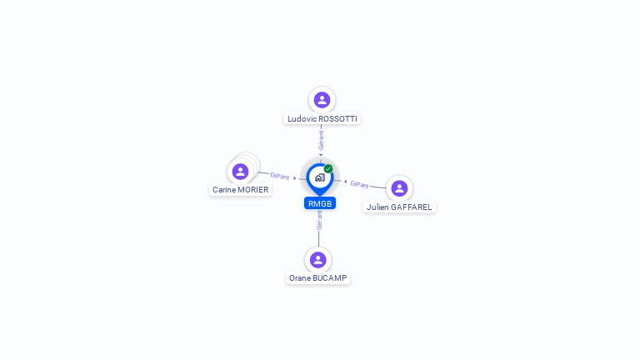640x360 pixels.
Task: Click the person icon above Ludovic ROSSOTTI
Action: pyautogui.click(x=322, y=100)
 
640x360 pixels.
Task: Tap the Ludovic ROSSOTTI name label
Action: pyautogui.click(x=322, y=119)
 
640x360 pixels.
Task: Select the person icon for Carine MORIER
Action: pyautogui.click(x=240, y=172)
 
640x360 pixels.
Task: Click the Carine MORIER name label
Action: pyautogui.click(x=240, y=190)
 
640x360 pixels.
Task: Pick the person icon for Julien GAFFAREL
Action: pyautogui.click(x=399, y=188)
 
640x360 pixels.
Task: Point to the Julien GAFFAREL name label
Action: pyautogui.click(x=399, y=207)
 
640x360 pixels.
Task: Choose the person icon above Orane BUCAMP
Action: pyautogui.click(x=318, y=260)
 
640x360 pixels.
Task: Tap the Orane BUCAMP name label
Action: pyautogui.click(x=318, y=278)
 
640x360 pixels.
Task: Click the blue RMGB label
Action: pyautogui.click(x=320, y=203)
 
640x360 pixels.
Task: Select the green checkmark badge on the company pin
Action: pyautogui.click(x=328, y=168)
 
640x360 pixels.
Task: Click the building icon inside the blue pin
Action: pyautogui.click(x=320, y=177)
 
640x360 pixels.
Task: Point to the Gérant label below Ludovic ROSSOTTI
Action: pyautogui.click(x=321, y=140)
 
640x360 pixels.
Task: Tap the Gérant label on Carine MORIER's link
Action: pyautogui.click(x=280, y=176)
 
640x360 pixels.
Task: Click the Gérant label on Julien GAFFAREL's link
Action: pyautogui.click(x=359, y=184)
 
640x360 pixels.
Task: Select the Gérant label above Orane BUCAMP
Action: pyautogui.click(x=320, y=220)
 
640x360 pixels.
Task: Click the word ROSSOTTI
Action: pyautogui.click(x=338, y=119)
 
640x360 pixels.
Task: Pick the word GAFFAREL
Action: pyautogui.click(x=412, y=207)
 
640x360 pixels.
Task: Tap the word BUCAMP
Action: pyautogui.click(x=330, y=278)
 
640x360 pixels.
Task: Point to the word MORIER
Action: pyautogui.click(x=253, y=190)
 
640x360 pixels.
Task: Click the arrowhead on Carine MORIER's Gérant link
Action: pyautogui.click(x=295, y=178)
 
